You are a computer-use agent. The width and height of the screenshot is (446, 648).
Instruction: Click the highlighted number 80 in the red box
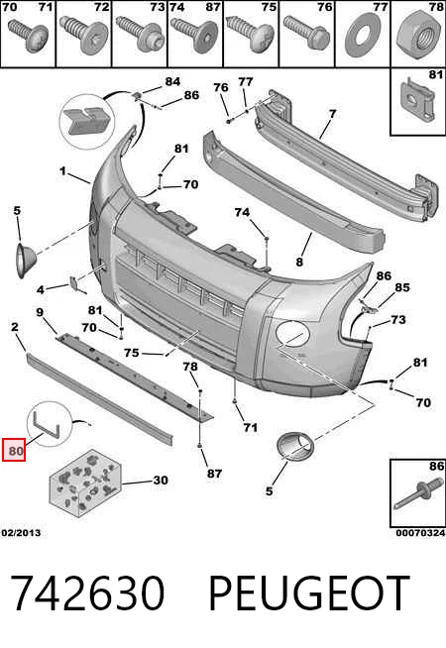[14, 450]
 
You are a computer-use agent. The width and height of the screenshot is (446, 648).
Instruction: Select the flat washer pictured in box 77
[363, 35]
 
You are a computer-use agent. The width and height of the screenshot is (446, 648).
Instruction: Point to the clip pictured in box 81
[417, 100]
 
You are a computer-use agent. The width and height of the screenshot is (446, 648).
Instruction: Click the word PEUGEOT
[309, 594]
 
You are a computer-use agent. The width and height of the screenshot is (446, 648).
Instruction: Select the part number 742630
[87, 593]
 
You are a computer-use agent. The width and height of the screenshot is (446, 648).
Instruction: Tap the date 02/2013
[21, 533]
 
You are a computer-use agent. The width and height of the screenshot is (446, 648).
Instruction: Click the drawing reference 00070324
[420, 533]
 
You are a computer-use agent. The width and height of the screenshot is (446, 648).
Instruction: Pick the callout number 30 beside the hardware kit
[161, 480]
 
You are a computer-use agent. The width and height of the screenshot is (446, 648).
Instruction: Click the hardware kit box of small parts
[86, 483]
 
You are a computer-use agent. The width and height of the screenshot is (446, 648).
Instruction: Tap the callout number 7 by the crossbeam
[333, 113]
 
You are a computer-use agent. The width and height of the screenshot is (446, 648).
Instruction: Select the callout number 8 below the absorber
[299, 262]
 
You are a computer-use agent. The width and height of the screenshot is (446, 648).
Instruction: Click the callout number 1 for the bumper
[62, 170]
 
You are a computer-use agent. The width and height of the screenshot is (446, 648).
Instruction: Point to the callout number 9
[40, 312]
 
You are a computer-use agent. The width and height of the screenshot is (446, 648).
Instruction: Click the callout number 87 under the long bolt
[214, 474]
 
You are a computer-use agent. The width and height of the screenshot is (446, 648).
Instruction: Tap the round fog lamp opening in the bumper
[292, 334]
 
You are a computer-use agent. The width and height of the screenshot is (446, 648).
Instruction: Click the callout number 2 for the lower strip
[15, 327]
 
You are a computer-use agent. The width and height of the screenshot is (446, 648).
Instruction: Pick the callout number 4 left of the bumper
[40, 289]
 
